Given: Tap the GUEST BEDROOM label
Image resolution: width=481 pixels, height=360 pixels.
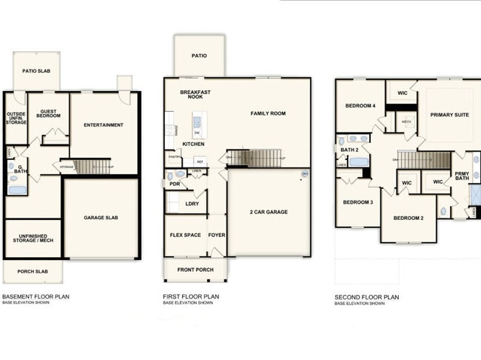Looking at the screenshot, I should (x=49, y=113).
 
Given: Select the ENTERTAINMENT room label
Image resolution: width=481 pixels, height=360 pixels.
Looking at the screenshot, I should (x=103, y=124).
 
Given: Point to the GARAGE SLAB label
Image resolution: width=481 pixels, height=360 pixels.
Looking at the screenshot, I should (x=102, y=218).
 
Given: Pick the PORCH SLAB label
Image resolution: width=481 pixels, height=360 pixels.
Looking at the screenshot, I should (x=33, y=271).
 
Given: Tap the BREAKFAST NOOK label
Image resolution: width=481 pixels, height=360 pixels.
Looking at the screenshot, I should (x=196, y=95).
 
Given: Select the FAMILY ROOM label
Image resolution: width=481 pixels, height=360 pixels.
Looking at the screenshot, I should (x=267, y=113).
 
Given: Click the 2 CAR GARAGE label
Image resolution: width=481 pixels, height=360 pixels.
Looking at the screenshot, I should (x=268, y=212).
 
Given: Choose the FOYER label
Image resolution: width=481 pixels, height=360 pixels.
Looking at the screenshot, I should (x=217, y=235).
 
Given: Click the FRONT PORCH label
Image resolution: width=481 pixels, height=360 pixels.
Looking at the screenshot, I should (x=195, y=269).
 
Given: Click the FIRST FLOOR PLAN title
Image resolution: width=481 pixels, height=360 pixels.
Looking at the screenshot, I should (x=191, y=297).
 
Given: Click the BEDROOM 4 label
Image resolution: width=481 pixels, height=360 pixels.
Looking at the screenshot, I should (x=360, y=106).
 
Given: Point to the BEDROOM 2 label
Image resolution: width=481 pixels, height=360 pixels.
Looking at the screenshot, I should (x=408, y=218).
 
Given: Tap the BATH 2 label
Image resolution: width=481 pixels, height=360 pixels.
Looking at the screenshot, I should (x=349, y=150).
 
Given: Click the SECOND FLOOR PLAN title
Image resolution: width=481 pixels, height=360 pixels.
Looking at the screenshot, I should (x=367, y=297).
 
